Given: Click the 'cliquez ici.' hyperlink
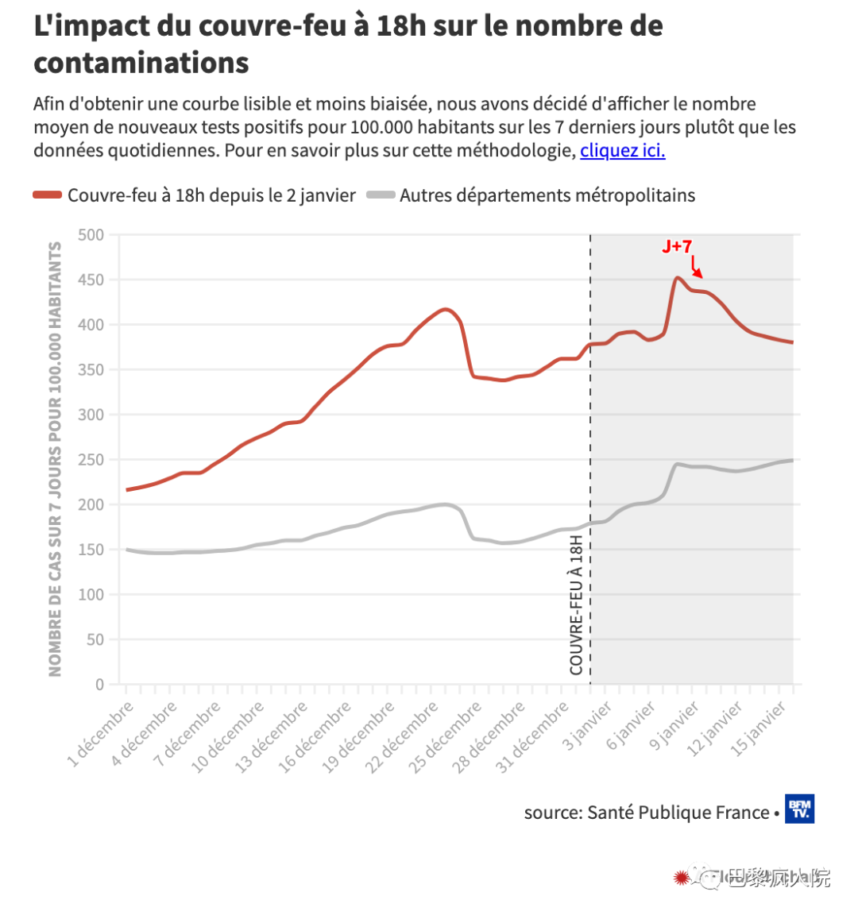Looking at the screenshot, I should pos(622,150).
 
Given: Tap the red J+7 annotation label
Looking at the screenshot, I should pos(677,246).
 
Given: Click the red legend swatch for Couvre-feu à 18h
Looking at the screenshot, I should pos(47,195).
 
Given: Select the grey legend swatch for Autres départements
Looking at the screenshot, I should pos(381,195).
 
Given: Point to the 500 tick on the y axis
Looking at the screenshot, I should pos(91,235).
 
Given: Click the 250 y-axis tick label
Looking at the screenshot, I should pos(91,460).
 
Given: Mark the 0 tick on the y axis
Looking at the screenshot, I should pos(99,685).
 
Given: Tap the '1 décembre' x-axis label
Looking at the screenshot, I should pos(101,735).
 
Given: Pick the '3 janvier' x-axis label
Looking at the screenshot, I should pos(588,726).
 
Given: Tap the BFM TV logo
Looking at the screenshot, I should pos(799,809).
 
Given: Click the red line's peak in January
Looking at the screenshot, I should pos(677,277).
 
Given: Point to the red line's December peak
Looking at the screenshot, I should pos(446,309).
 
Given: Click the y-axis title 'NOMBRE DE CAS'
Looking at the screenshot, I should pos(55,459).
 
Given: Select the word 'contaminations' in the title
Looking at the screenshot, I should pos(141,63).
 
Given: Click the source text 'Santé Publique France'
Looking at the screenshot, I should pos(678,813).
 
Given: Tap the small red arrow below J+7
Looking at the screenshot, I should pos(696,268).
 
